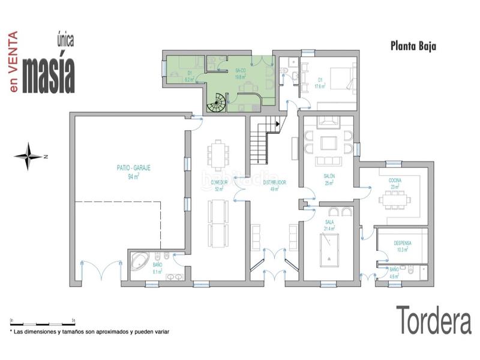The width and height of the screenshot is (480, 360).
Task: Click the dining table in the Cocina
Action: pyautogui.click(x=394, y=199)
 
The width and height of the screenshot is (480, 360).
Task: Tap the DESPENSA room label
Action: pyautogui.click(x=402, y=245)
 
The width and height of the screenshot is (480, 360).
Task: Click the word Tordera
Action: pyautogui.click(x=433, y=320)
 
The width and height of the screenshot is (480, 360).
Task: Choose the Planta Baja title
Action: pyautogui.click(x=413, y=46)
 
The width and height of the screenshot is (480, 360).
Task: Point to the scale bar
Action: pyautogui.click(x=42, y=322)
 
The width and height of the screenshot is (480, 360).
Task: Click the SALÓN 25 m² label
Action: pyautogui.click(x=329, y=179)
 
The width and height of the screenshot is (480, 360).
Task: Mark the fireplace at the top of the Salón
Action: pyautogui.click(x=329, y=121)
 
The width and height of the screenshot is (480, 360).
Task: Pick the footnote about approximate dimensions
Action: pyautogui.click(x=90, y=331)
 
